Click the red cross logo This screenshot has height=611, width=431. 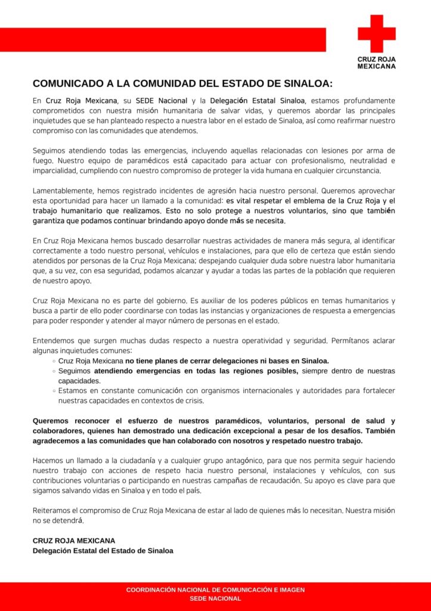click(x=376, y=33)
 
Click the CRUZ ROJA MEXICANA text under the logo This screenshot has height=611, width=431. click(x=376, y=63)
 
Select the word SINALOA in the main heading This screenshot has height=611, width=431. click(x=304, y=83)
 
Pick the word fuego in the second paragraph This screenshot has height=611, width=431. click(x=43, y=161)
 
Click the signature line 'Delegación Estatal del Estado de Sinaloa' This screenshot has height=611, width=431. click(x=103, y=551)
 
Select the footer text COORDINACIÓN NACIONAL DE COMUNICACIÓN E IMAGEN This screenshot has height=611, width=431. click(x=215, y=590)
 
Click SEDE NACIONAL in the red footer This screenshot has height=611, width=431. click(x=215, y=598)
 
